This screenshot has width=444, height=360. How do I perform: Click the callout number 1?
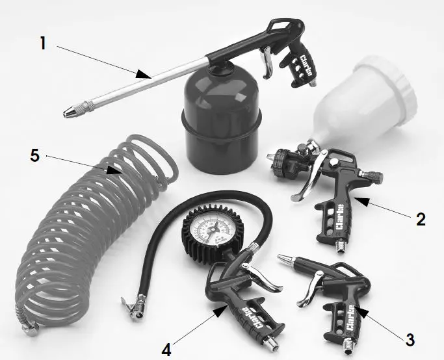click(43, 44)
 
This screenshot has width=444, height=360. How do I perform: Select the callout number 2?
click(421, 219)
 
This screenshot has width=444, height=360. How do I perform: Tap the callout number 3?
click(409, 339)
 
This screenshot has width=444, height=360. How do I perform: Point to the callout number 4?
click(167, 349)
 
